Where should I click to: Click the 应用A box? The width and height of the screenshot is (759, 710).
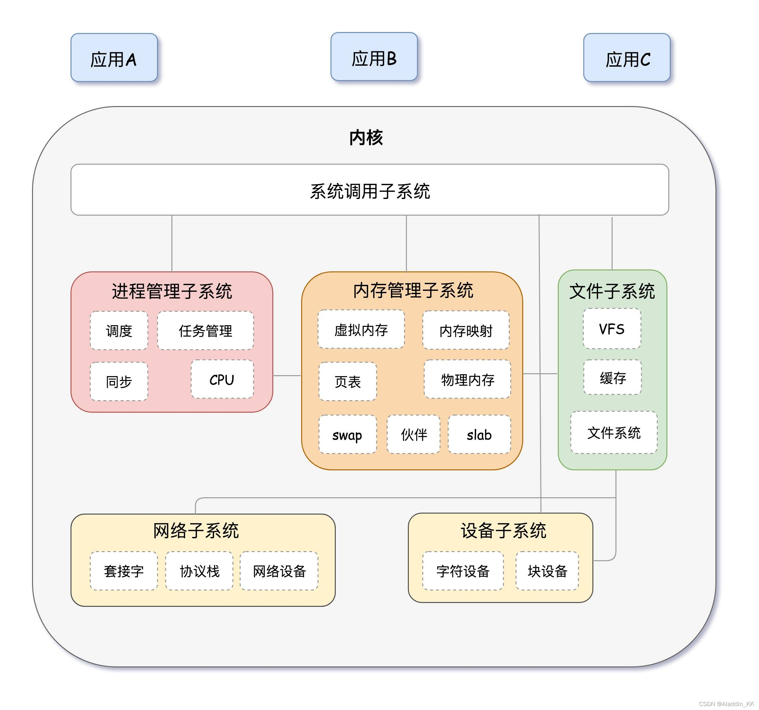click(114, 58)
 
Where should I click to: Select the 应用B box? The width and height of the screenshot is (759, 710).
click(374, 57)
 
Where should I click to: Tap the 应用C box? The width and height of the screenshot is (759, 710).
click(626, 58)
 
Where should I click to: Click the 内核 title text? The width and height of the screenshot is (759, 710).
click(366, 137)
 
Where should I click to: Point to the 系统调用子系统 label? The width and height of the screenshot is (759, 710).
click(370, 191)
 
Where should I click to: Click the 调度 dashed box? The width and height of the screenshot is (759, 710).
click(119, 331)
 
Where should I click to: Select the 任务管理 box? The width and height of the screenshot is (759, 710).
click(205, 331)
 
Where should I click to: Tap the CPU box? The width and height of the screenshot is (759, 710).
click(222, 379)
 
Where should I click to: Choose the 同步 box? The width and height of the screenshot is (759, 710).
click(119, 381)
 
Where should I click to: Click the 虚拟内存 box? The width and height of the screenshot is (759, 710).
click(361, 329)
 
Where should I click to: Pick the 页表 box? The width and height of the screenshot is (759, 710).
click(347, 381)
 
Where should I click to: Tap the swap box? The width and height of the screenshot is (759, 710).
click(347, 434)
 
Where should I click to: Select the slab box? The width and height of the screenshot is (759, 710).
click(479, 434)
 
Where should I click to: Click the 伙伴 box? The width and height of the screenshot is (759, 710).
click(414, 434)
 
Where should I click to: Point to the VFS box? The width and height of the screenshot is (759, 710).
click(612, 329)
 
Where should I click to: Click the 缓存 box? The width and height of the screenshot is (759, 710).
click(612, 377)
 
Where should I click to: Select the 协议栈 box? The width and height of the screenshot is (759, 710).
click(199, 571)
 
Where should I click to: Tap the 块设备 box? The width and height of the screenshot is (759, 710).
click(547, 571)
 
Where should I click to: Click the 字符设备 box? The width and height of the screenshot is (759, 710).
click(463, 571)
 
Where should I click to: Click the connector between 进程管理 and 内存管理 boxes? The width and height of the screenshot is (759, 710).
click(287, 376)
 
